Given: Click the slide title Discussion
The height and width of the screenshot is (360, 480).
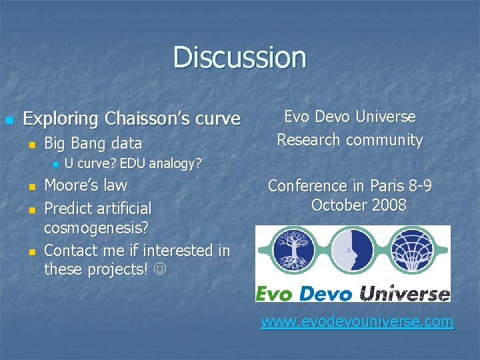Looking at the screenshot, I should tap(239, 57).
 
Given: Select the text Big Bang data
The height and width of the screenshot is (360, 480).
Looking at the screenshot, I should tap(93, 143).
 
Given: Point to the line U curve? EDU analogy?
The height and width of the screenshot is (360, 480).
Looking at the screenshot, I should tap(133, 163).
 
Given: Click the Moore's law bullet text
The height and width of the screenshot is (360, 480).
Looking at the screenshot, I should tap(85, 185).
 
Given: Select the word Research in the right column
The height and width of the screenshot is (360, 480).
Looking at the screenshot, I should tap(309, 140).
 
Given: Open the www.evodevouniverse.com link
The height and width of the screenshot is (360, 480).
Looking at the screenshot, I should tap(357, 322).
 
